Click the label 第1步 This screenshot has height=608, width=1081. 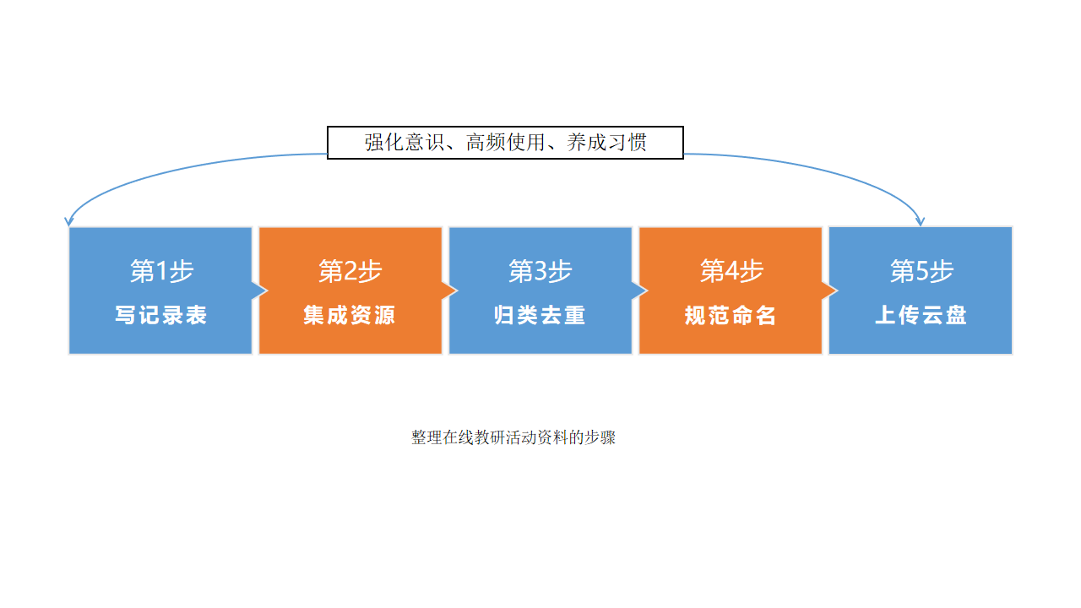(x=161, y=271)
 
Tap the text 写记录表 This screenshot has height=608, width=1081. (x=161, y=316)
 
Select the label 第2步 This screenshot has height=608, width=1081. (x=350, y=271)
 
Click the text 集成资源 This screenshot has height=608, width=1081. (x=350, y=316)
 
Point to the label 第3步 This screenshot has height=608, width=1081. (x=540, y=271)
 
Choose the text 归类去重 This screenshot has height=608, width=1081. (x=540, y=316)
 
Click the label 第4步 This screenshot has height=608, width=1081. (x=731, y=271)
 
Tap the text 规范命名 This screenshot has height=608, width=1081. (x=731, y=316)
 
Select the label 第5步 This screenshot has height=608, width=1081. (x=921, y=271)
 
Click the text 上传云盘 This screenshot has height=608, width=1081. (x=921, y=316)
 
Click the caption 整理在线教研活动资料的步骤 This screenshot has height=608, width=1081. (x=513, y=437)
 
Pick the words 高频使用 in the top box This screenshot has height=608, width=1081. (x=505, y=143)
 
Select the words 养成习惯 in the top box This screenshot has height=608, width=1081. (x=607, y=143)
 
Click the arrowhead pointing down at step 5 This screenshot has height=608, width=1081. (x=920, y=221)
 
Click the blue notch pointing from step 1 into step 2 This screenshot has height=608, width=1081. (x=259, y=290)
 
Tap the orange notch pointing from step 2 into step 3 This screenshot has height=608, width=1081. (x=449, y=290)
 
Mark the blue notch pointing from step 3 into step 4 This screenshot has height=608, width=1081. (x=639, y=290)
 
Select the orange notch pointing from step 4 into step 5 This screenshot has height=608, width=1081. (x=829, y=290)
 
